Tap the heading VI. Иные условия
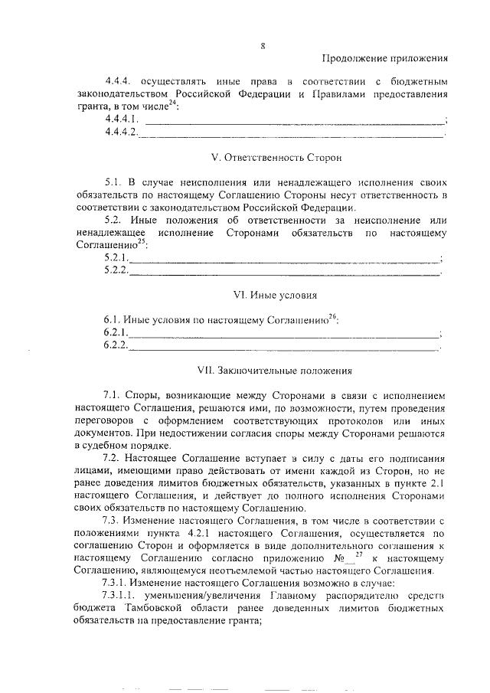(275, 294)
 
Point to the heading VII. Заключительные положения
(274, 371)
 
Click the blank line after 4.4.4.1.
(294, 121)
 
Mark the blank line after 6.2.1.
(284, 335)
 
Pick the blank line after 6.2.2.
(284, 348)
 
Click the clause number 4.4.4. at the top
(122, 80)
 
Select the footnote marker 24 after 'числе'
(171, 103)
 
